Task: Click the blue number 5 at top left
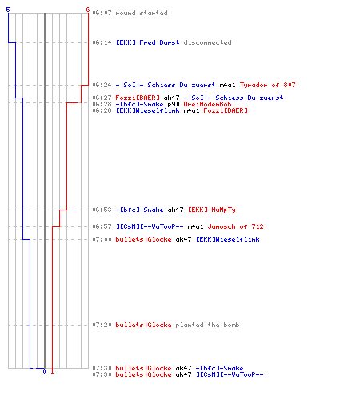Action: [8, 10]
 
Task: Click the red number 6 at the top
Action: [88, 10]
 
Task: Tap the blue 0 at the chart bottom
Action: [44, 371]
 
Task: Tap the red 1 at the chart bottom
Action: [52, 371]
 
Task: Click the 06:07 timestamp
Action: [102, 13]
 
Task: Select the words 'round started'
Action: [142, 13]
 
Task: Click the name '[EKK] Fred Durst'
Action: [147, 42]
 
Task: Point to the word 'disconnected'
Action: [207, 42]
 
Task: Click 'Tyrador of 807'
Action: [267, 85]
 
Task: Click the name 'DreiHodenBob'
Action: [207, 104]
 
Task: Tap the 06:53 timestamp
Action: [102, 210]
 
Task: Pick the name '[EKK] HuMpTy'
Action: [212, 210]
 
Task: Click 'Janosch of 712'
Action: [235, 226]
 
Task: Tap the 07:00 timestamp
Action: [102, 239]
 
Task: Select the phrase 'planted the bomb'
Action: [207, 325]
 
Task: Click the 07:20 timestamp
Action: [102, 325]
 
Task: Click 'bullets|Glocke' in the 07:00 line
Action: [143, 239]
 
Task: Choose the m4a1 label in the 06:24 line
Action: [227, 85]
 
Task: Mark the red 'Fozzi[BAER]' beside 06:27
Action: [138, 98]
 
